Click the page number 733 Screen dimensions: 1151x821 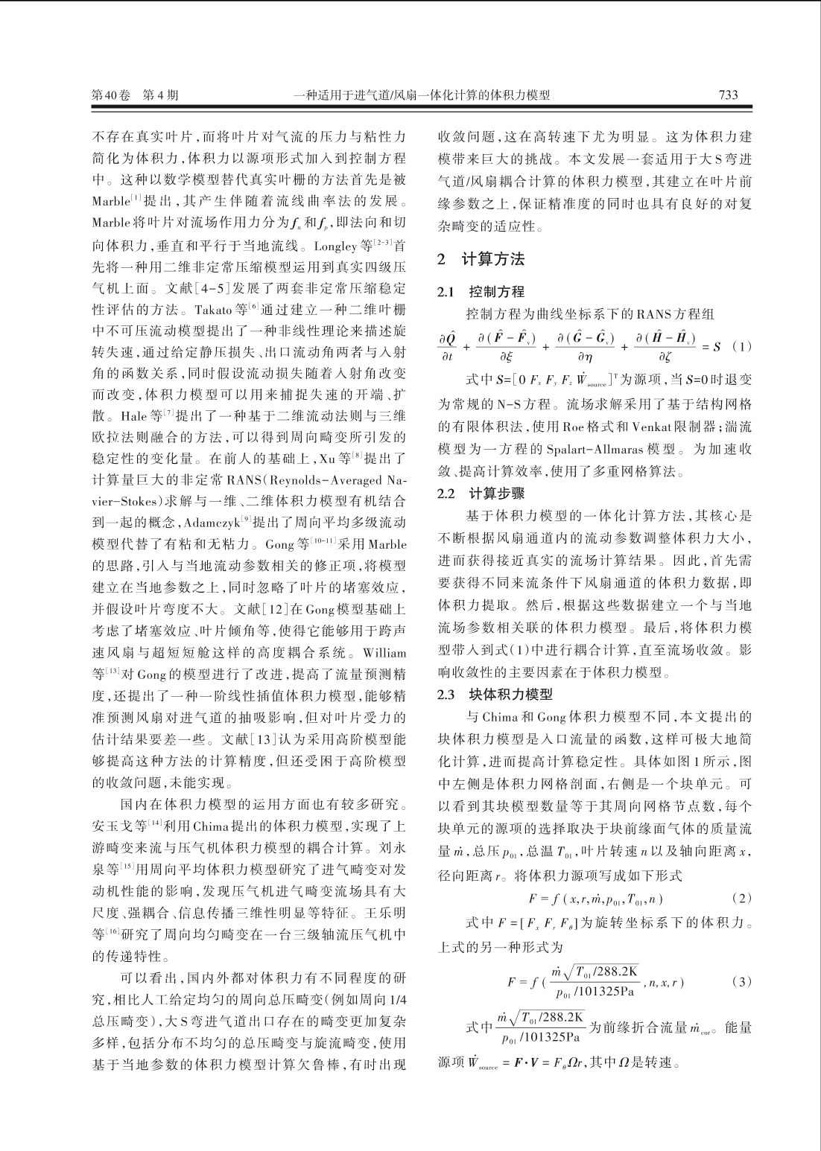(728, 95)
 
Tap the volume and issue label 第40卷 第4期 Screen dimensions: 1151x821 (135, 95)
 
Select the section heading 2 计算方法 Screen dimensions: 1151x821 (481, 260)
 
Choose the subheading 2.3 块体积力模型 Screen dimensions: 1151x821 (495, 695)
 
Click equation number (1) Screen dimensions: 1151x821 (741, 346)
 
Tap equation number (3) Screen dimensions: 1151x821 (741, 981)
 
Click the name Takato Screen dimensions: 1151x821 (215, 308)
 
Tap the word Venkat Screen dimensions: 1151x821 (653, 427)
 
